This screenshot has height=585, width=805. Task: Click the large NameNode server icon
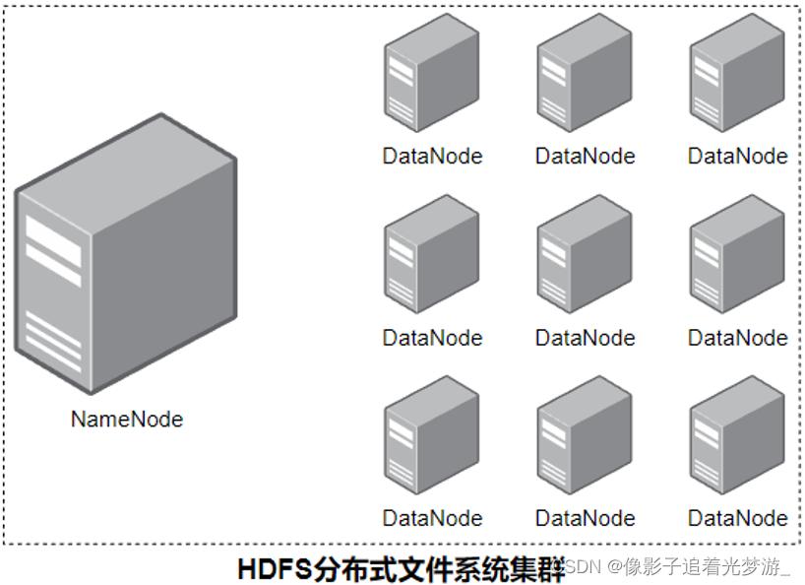[126, 254]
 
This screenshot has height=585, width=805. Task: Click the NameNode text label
[127, 419]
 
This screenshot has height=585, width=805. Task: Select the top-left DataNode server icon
[431, 75]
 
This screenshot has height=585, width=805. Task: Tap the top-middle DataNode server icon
[585, 75]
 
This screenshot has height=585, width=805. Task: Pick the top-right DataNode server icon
[737, 75]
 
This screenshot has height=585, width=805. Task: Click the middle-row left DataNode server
[431, 256]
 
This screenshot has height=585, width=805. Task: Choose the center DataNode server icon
[585, 256]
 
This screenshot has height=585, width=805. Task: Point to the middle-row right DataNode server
[737, 256]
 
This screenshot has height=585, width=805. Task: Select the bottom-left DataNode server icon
[431, 437]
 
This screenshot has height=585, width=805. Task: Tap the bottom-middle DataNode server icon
[585, 437]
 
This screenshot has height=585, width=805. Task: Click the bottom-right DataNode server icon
[737, 437]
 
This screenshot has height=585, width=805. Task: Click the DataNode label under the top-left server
[432, 156]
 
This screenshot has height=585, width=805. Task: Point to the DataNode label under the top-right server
[737, 156]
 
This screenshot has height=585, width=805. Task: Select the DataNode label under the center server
[585, 338]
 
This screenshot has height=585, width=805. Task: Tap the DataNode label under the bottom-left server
[432, 518]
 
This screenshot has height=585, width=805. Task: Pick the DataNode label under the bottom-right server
[737, 518]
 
